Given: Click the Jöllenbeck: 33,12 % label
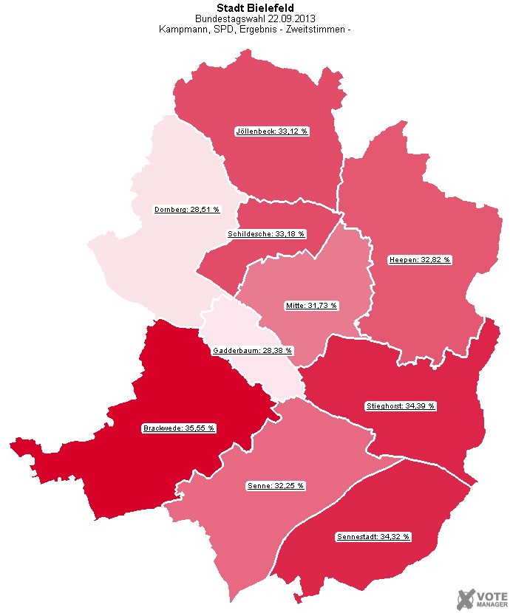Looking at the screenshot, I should point(271,131).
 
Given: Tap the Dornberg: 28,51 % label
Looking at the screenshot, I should point(187,210).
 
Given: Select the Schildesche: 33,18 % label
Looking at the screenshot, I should point(266,234).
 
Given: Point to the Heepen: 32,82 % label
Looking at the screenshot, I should point(420,260).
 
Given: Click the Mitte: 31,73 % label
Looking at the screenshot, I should point(311,306).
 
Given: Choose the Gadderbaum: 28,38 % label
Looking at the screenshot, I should point(253,351).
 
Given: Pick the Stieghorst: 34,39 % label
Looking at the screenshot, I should point(401,406).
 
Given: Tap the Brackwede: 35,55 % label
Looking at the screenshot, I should point(178,428).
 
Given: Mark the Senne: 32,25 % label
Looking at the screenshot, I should point(275,487).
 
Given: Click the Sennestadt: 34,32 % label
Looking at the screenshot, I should point(373,536).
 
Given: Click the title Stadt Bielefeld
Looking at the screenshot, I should point(255,8).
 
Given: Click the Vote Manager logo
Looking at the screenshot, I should point(480,598).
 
